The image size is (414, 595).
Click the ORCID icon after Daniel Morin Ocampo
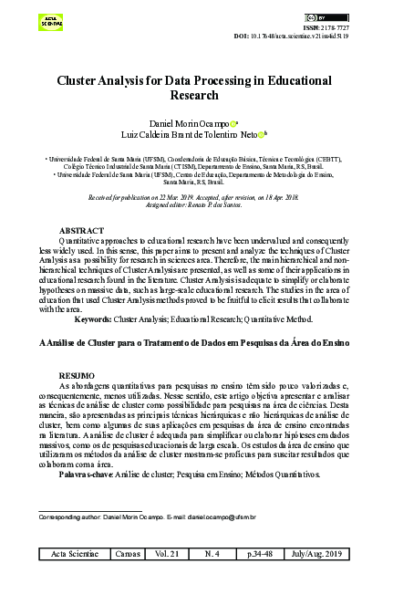(x=234, y=122)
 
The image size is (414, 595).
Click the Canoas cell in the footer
(x=130, y=554)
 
